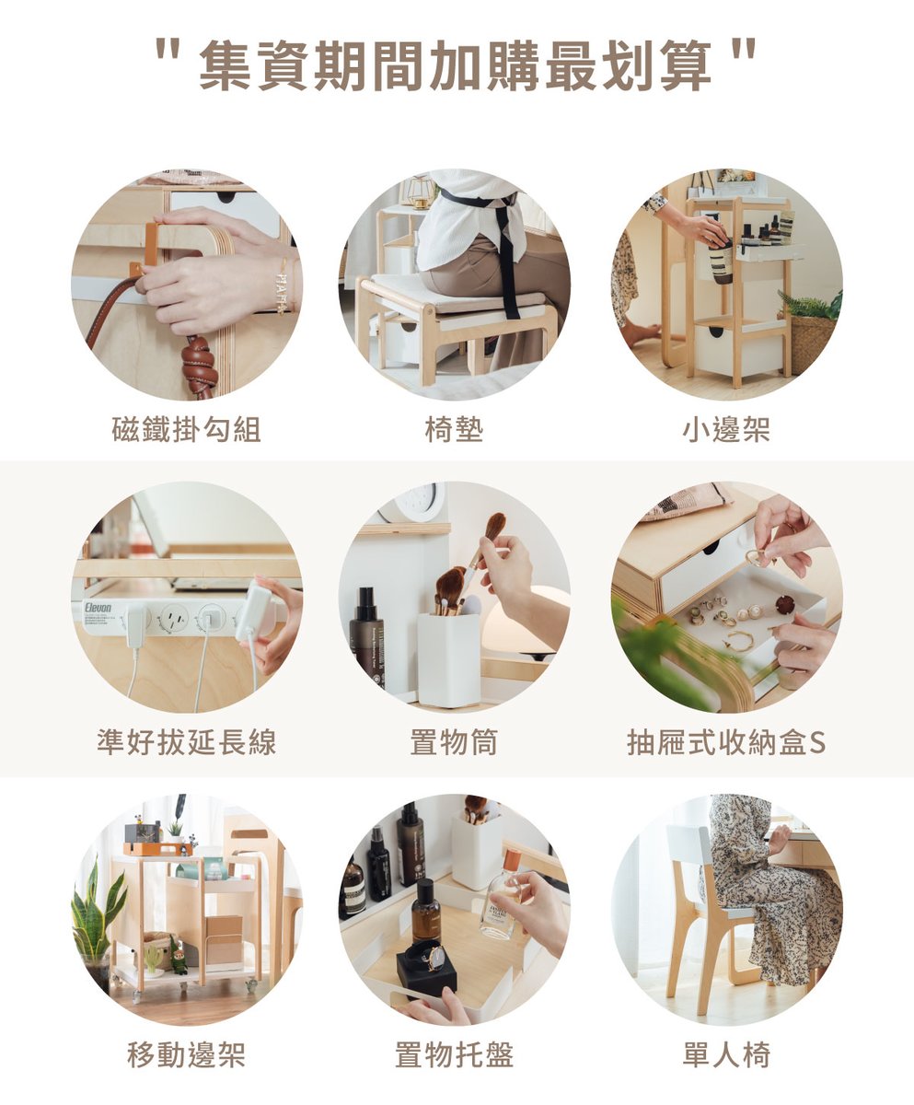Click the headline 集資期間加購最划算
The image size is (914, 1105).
click(x=456, y=66)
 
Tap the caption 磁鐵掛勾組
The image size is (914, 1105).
click(x=187, y=429)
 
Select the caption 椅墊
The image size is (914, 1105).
click(x=455, y=429)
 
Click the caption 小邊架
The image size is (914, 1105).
click(x=726, y=429)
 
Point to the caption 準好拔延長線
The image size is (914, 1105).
click(x=187, y=742)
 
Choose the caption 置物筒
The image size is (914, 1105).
click(x=455, y=742)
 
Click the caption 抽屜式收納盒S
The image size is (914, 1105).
click(x=726, y=742)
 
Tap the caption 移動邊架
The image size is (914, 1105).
click(x=187, y=1054)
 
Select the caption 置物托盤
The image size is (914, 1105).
click(x=455, y=1054)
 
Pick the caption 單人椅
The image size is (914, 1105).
click(x=726, y=1054)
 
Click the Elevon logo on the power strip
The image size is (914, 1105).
click(x=98, y=607)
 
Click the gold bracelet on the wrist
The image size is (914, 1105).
click(x=283, y=288)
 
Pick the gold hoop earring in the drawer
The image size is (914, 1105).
click(x=740, y=641)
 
